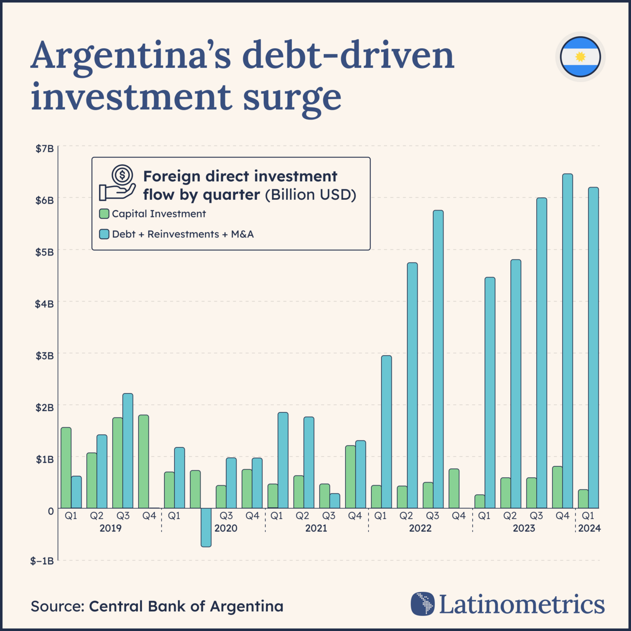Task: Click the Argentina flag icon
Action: [x=580, y=57]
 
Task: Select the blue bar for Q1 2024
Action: [x=593, y=348]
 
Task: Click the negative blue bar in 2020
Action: [x=206, y=527]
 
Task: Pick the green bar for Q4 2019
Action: [x=144, y=462]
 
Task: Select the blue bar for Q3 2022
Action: [x=438, y=359]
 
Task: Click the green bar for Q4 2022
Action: [x=454, y=488]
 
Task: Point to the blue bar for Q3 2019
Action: [x=127, y=451]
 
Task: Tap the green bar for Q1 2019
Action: [x=66, y=468]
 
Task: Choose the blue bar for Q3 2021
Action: [x=335, y=501]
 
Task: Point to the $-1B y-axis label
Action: [x=42, y=561]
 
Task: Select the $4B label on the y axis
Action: [x=44, y=304]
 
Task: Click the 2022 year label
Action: [x=420, y=528]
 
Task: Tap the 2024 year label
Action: [x=589, y=528]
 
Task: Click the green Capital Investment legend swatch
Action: [x=104, y=214]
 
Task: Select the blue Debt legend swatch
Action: [x=104, y=234]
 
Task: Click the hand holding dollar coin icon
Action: [x=118, y=183]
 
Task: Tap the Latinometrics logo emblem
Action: [x=422, y=604]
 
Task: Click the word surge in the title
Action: [x=292, y=97]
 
